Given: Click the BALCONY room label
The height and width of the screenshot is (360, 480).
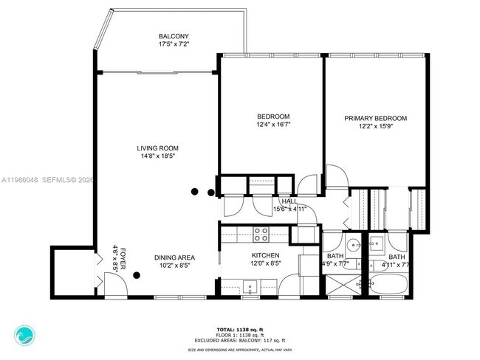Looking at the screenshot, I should pos(174,36).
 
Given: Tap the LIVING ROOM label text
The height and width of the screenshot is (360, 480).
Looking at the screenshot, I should pos(158,146).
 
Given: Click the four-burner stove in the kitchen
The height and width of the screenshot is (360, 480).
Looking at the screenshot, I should pos(261,235).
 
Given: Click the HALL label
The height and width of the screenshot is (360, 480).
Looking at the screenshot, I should pos(289,201).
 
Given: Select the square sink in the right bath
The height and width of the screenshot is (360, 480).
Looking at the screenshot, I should pos(376,243).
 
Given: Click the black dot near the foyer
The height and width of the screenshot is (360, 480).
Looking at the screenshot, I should pos(137,277).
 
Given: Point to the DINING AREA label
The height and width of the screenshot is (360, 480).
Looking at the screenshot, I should pos(174,257).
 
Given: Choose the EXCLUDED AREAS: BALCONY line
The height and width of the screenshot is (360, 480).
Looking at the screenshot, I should pos(241,340).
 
